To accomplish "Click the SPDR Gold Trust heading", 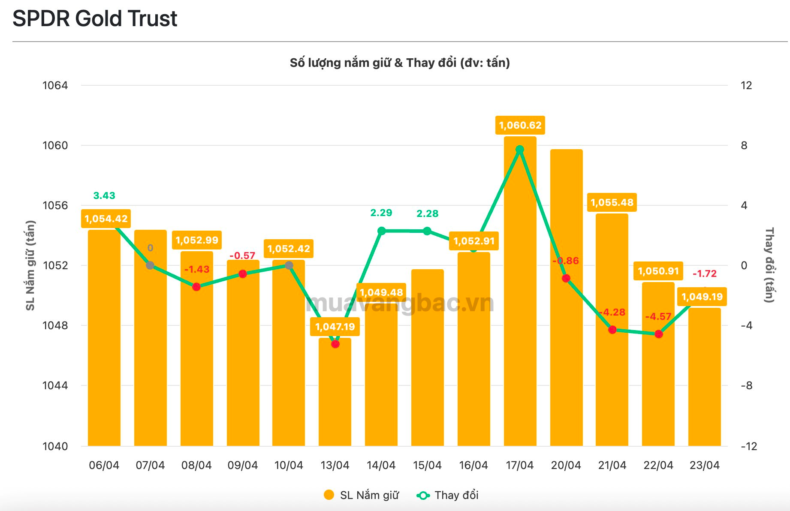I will click(95, 19).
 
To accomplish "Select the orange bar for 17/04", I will click(520, 300).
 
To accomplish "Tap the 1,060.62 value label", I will click(520, 125).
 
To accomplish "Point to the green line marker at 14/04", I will click(381, 231).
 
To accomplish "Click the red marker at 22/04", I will click(659, 334).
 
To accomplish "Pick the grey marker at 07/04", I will click(150, 265).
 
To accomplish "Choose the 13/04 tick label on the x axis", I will click(335, 465).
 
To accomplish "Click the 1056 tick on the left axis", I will click(55, 205).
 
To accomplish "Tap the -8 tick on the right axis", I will click(746, 385).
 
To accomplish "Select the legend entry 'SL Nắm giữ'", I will click(362, 495).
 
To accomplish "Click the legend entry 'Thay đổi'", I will click(448, 495).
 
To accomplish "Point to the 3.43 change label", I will click(104, 195).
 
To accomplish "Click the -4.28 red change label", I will click(612, 312).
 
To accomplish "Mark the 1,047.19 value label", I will click(335, 327).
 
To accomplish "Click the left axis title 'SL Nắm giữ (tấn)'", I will click(30, 265).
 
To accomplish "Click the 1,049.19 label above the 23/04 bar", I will click(702, 297).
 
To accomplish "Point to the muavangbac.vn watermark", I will click(400, 304).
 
